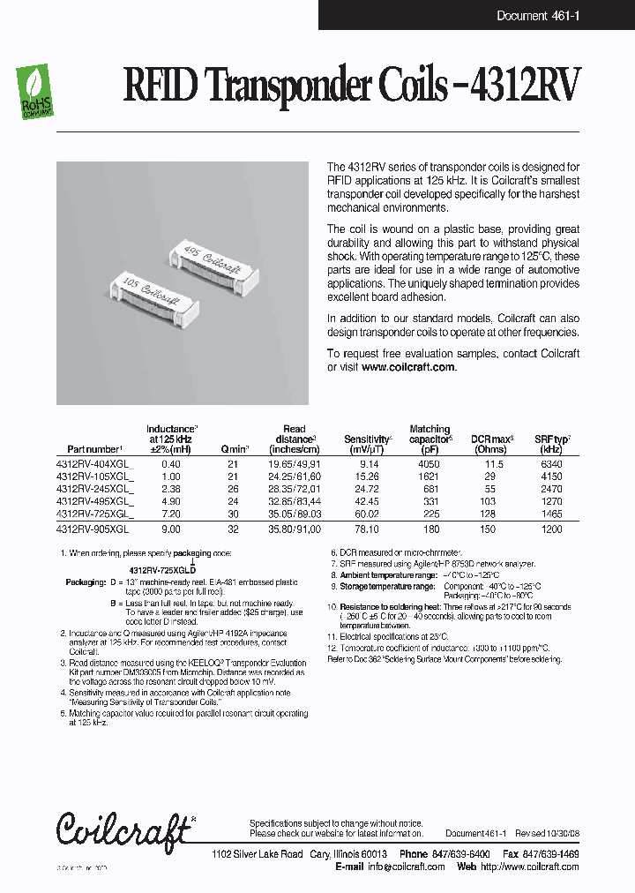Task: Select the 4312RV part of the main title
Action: pyautogui.click(x=527, y=87)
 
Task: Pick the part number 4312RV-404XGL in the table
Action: pyautogui.click(x=93, y=463)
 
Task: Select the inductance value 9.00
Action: pyautogui.click(x=171, y=529)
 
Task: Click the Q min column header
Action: pyautogui.click(x=234, y=449)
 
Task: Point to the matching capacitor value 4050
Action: pyautogui.click(x=430, y=463)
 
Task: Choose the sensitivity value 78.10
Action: pyautogui.click(x=366, y=529)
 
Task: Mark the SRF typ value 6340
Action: pyautogui.click(x=552, y=463)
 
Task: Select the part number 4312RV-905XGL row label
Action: pyautogui.click(x=93, y=529)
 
